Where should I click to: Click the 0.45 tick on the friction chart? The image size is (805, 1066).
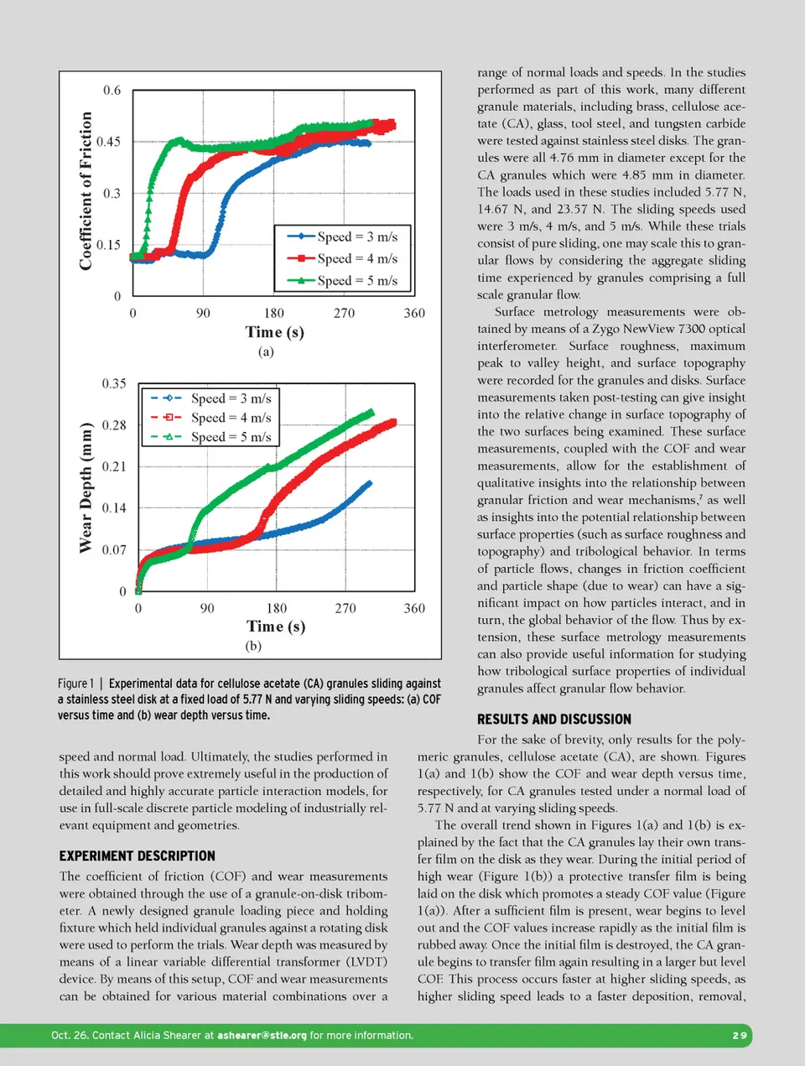[108, 142]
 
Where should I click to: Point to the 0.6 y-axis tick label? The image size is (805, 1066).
[112, 91]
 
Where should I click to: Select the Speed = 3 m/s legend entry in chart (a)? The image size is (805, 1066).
[343, 237]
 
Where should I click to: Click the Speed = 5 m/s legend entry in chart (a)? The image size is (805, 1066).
[343, 281]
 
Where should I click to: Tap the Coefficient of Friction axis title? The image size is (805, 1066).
[86, 191]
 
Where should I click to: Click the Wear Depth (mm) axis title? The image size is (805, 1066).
[86, 487]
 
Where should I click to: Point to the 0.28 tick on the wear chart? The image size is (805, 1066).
[114, 425]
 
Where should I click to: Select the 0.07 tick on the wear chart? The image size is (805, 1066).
[114, 550]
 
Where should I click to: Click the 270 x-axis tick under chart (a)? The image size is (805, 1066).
[344, 314]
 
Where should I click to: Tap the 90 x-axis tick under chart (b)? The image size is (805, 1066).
[207, 608]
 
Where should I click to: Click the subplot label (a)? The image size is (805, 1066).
[266, 352]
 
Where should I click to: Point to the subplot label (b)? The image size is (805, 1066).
[253, 646]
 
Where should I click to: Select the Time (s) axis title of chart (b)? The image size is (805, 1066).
[276, 627]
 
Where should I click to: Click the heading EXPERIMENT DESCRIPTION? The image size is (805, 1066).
[137, 856]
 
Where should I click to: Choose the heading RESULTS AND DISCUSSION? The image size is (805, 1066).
[554, 720]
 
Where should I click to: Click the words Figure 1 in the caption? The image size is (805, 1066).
[75, 684]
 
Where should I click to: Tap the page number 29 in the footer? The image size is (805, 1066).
[739, 1036]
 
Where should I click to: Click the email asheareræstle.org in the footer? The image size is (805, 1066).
[262, 1036]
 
